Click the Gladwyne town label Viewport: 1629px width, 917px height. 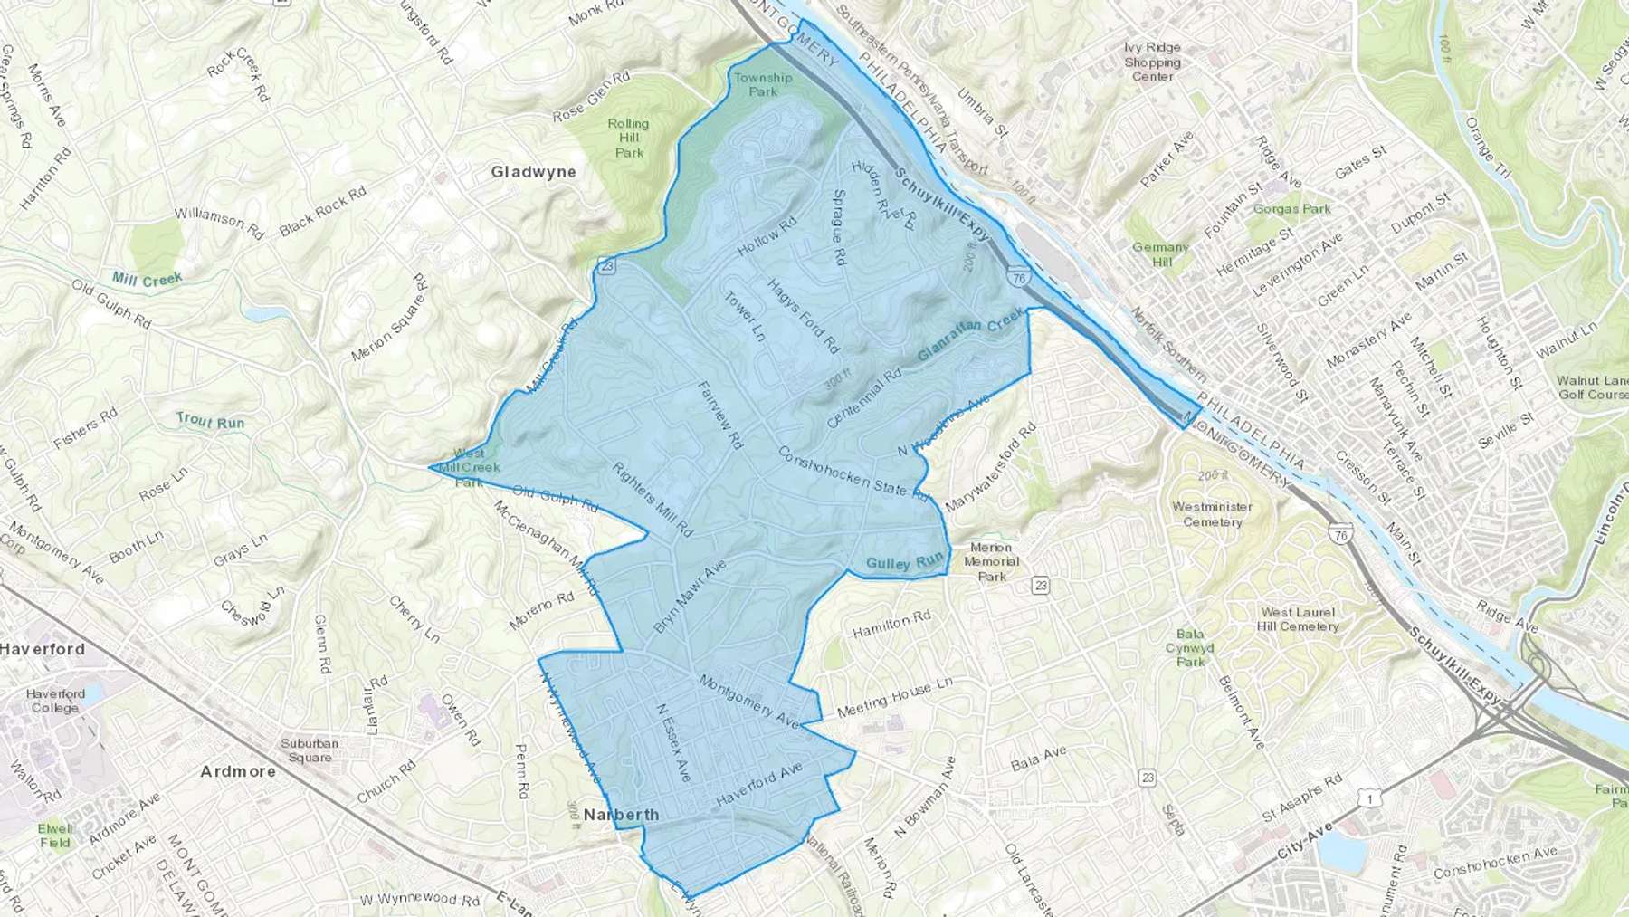533,172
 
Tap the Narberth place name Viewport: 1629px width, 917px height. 621,815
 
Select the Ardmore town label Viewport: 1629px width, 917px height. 237,771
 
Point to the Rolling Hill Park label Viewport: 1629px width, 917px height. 628,138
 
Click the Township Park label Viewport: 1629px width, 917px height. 762,84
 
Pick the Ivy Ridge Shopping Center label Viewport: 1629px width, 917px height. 1152,62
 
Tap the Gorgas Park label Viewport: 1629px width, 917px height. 1291,209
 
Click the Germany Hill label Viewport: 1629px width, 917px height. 1161,254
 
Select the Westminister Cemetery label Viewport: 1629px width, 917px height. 1212,514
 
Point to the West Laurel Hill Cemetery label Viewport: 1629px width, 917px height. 1297,619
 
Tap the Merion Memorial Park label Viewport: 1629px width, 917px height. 991,561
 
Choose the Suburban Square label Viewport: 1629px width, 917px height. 310,750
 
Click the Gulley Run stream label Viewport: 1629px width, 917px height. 904,563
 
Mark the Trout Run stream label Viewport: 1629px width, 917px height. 210,421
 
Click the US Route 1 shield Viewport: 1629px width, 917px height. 1372,798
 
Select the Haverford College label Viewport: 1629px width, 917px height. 55,701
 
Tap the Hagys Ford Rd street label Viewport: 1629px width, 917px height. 804,316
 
